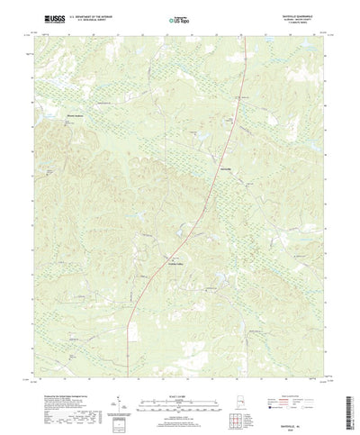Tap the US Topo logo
pos(179,18)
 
